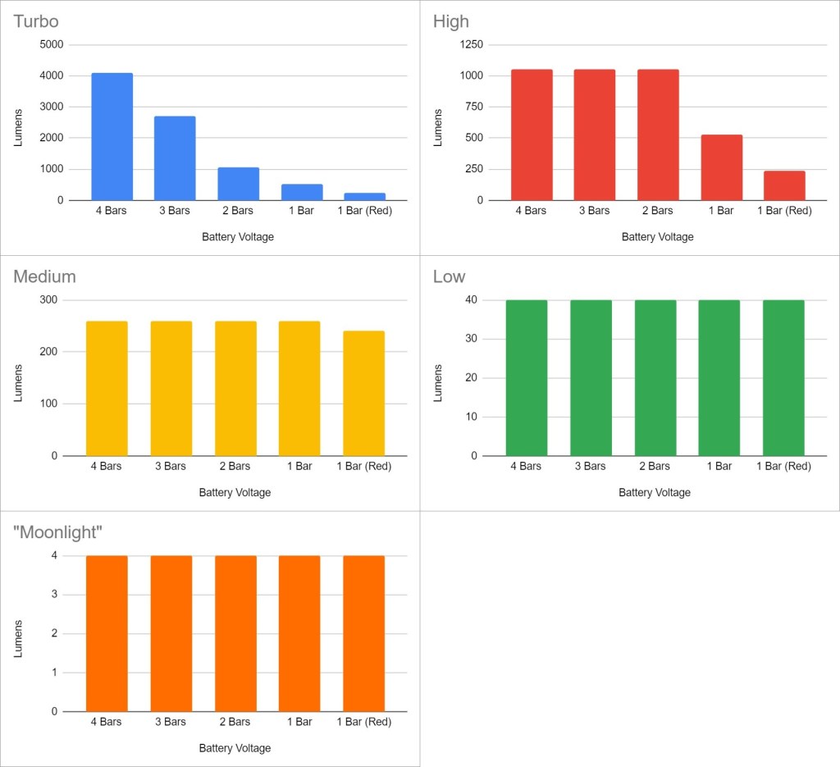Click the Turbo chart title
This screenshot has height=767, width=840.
click(36, 21)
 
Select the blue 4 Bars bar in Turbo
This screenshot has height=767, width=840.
click(112, 136)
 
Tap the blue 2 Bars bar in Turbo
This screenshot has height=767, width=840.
click(238, 184)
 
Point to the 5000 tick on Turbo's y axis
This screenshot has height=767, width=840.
click(52, 45)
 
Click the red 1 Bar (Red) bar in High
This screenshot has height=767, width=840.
click(784, 185)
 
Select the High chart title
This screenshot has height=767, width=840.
click(450, 21)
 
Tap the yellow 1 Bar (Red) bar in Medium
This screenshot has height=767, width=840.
click(363, 393)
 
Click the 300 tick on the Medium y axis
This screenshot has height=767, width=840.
click(48, 300)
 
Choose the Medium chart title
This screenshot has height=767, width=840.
click(44, 276)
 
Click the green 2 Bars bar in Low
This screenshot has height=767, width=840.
click(655, 377)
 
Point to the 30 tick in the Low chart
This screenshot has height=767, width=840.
click(472, 339)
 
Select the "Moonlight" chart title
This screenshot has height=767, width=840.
click(57, 532)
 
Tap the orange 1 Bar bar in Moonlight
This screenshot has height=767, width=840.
click(299, 633)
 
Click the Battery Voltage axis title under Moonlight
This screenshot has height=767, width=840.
click(235, 748)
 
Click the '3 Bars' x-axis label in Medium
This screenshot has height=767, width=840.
click(170, 466)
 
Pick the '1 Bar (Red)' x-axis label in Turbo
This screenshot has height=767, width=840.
click(364, 211)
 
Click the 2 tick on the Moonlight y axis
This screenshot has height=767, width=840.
click(55, 634)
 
